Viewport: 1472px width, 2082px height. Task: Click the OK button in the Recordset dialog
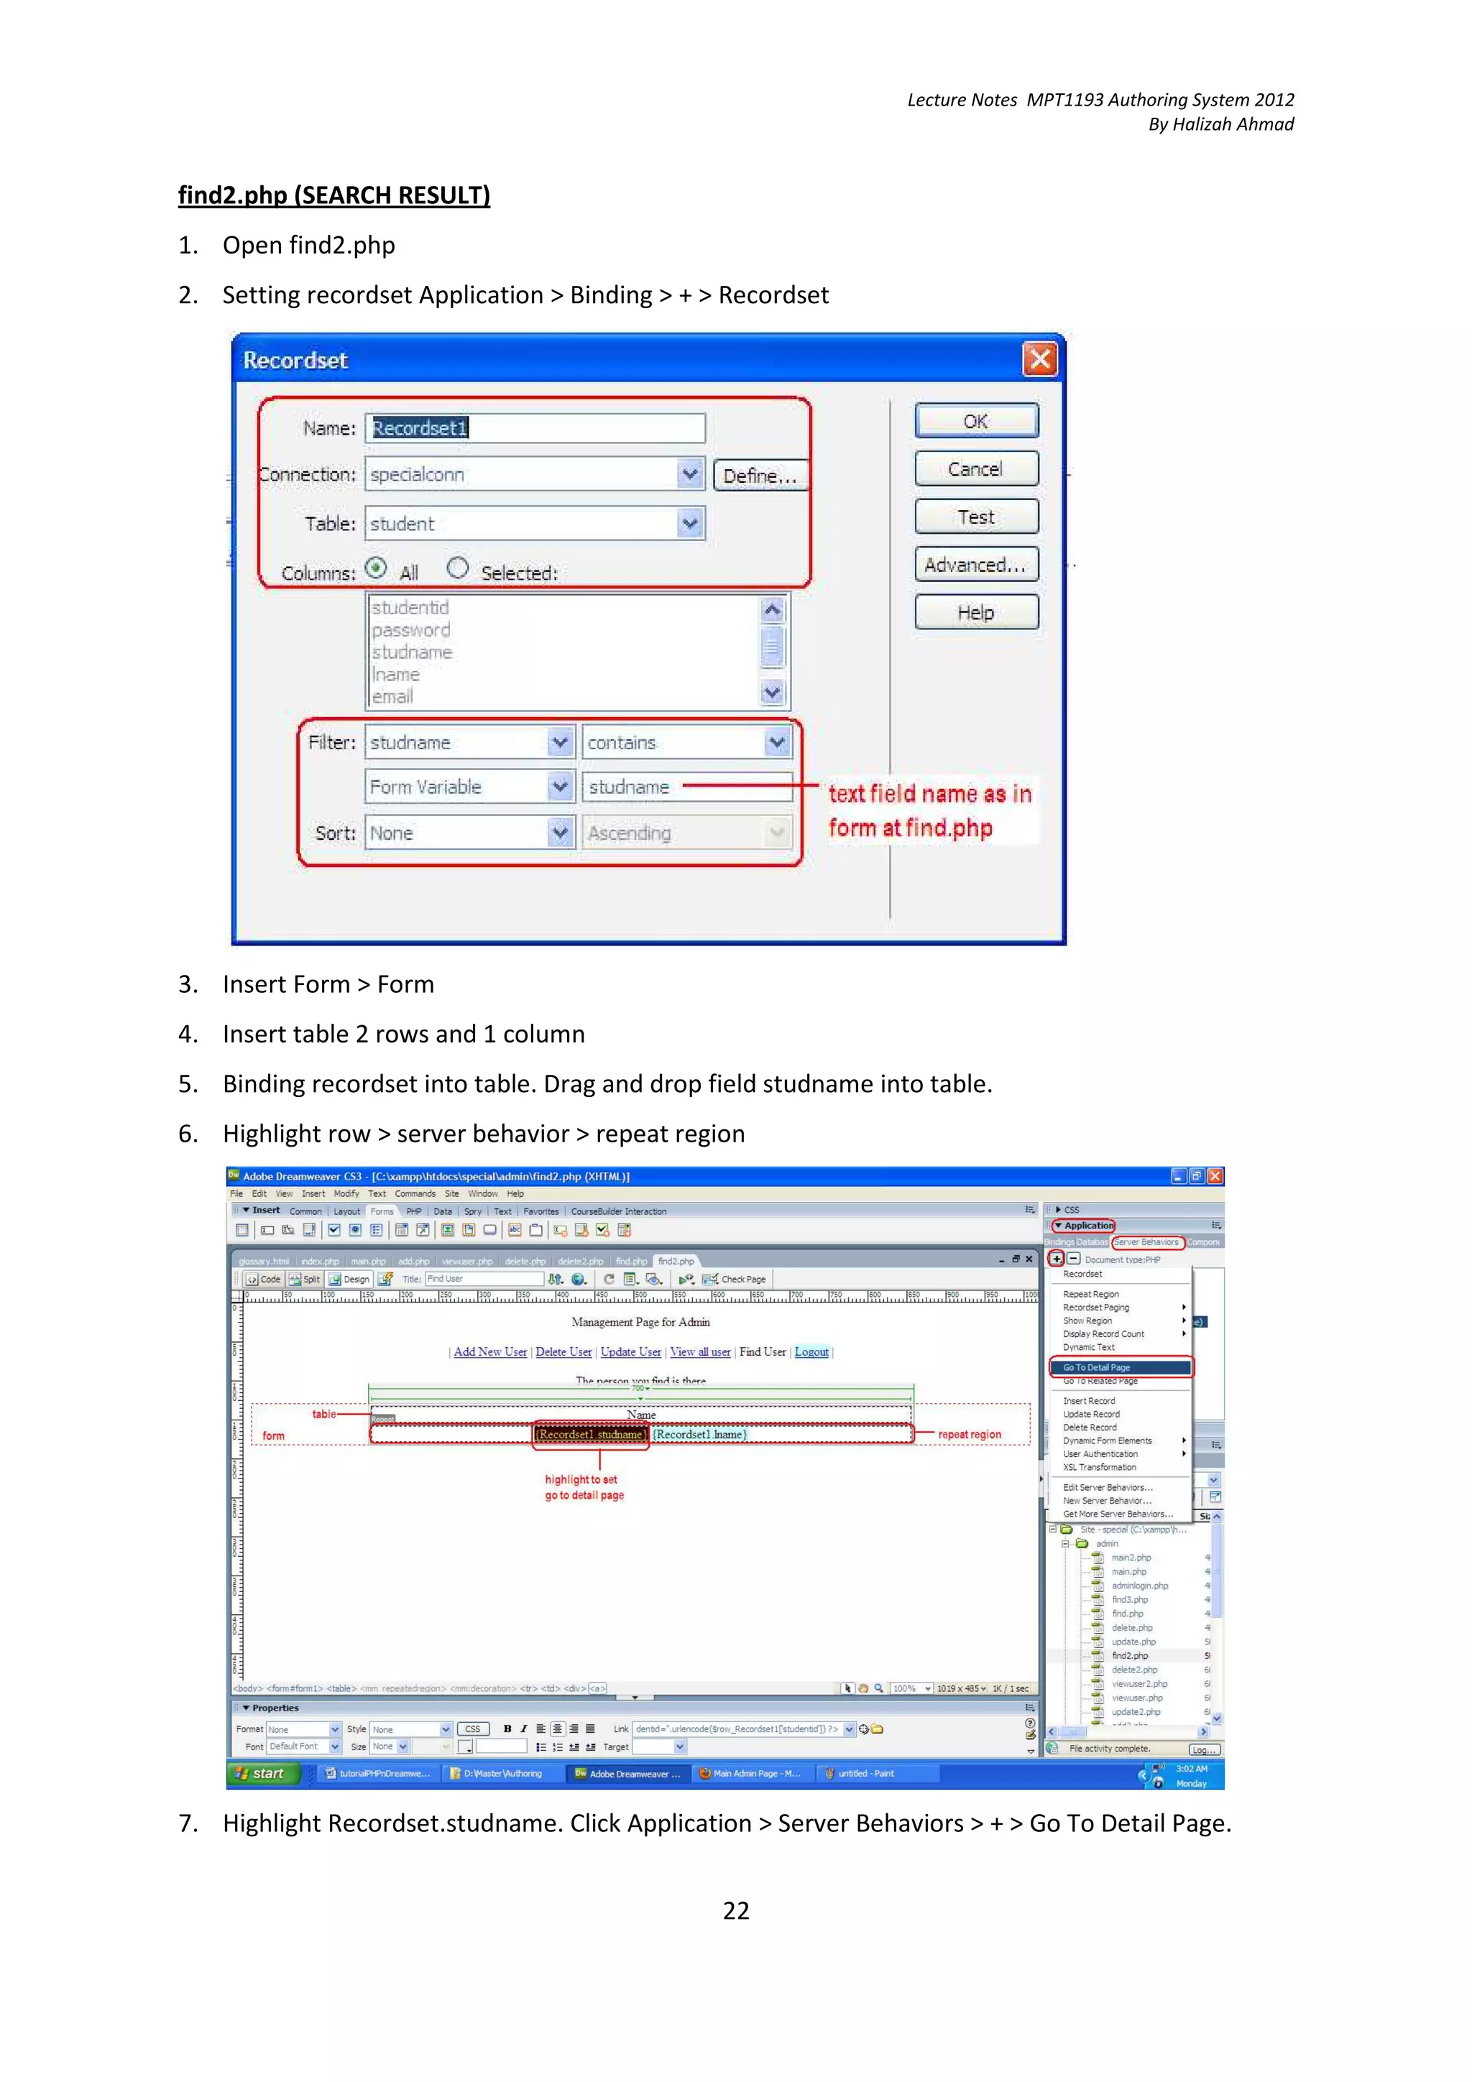coord(976,421)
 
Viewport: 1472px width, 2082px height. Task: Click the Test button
coord(976,517)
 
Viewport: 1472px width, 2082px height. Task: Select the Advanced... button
coord(976,565)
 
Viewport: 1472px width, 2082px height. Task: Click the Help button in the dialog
coord(976,613)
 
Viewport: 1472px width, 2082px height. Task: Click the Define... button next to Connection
coord(759,475)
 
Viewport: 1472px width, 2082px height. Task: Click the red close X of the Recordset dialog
coord(1039,359)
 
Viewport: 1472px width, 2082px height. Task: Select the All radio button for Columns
coord(375,568)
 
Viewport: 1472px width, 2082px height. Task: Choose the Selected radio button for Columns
coord(458,568)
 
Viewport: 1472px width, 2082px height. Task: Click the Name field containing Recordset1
coord(535,428)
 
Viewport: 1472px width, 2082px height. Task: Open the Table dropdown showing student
coord(690,523)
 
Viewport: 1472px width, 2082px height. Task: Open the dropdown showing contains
coord(776,743)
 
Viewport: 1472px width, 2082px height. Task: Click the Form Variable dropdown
coord(561,786)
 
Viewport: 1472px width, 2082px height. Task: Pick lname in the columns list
coord(395,675)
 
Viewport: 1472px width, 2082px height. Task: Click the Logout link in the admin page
coord(811,1352)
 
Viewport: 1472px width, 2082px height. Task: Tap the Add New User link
coord(489,1352)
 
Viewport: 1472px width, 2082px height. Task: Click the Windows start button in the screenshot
coord(263,1774)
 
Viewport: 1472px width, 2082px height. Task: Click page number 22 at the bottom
coord(735,1910)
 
